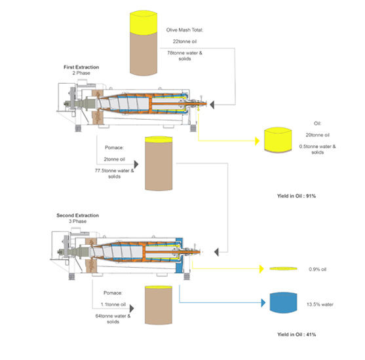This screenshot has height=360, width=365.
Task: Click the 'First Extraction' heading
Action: [x=81, y=67]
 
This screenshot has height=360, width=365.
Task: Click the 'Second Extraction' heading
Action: [x=77, y=215]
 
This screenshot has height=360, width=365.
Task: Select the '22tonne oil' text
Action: [x=185, y=41]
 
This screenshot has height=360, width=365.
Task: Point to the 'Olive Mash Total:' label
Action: [x=185, y=30]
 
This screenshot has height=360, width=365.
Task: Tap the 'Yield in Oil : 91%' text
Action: [x=296, y=196]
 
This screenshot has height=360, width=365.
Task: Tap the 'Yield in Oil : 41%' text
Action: [x=296, y=334]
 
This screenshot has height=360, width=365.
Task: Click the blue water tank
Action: [x=283, y=302]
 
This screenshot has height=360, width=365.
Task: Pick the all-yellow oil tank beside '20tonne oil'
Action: [x=278, y=140]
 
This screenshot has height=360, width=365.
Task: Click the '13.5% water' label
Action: [x=320, y=304]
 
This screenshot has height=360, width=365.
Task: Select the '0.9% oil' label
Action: [x=317, y=269]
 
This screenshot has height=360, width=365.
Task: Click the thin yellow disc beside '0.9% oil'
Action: [x=283, y=268]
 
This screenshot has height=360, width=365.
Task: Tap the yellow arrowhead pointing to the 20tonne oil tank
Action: [x=258, y=141]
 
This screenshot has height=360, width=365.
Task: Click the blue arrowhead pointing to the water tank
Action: [x=263, y=303]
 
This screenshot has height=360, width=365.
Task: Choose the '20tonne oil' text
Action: [x=318, y=135]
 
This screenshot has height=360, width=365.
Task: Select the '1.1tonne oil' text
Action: [x=113, y=304]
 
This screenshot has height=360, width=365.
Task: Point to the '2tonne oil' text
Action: [x=114, y=159]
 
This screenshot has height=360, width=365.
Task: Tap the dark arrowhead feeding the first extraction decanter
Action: [x=212, y=105]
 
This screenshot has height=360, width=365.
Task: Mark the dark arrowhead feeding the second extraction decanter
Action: [x=216, y=252]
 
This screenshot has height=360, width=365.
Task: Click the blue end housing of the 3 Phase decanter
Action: [x=180, y=255]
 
